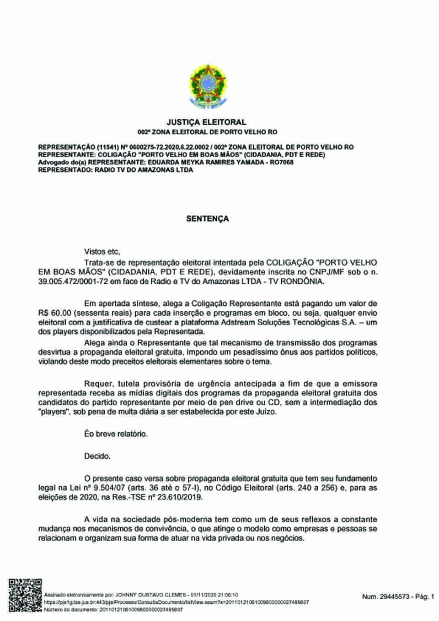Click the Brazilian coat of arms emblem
(x=207, y=87)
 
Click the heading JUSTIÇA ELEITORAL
(x=207, y=122)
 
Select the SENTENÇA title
(x=207, y=219)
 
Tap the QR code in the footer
(x=25, y=595)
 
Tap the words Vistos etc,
(x=102, y=252)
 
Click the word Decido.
(x=97, y=456)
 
